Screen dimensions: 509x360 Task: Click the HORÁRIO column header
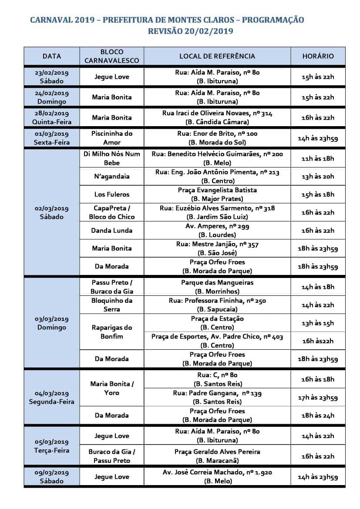coord(318,56)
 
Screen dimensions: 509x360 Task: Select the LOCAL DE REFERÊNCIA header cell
coord(217,56)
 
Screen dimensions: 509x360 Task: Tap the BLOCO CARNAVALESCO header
coord(111,56)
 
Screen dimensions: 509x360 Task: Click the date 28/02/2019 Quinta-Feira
coord(52,117)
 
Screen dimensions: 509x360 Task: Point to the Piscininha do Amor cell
coord(111,138)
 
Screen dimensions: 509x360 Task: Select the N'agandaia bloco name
coord(111,177)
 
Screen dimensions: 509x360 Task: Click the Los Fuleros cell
coord(111,194)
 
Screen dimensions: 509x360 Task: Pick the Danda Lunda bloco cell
coord(111,230)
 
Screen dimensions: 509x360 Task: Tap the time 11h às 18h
coord(318,158)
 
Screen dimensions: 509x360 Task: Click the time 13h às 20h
coord(318,177)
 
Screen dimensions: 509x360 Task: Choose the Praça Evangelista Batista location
coord(217,194)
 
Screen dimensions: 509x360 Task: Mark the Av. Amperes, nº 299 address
coord(217,230)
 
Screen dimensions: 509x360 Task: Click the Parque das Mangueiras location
coord(217,287)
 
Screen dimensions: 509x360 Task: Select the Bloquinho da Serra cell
coord(111,305)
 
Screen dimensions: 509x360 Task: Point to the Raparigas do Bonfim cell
coord(111,332)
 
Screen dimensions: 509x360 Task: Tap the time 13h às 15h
coord(318,323)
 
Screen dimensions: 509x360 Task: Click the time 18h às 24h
coord(318,415)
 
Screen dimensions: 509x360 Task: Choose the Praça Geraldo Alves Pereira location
coord(217,456)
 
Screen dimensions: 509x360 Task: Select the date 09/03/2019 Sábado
coord(52,477)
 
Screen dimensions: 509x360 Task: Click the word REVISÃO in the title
coord(167,31)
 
